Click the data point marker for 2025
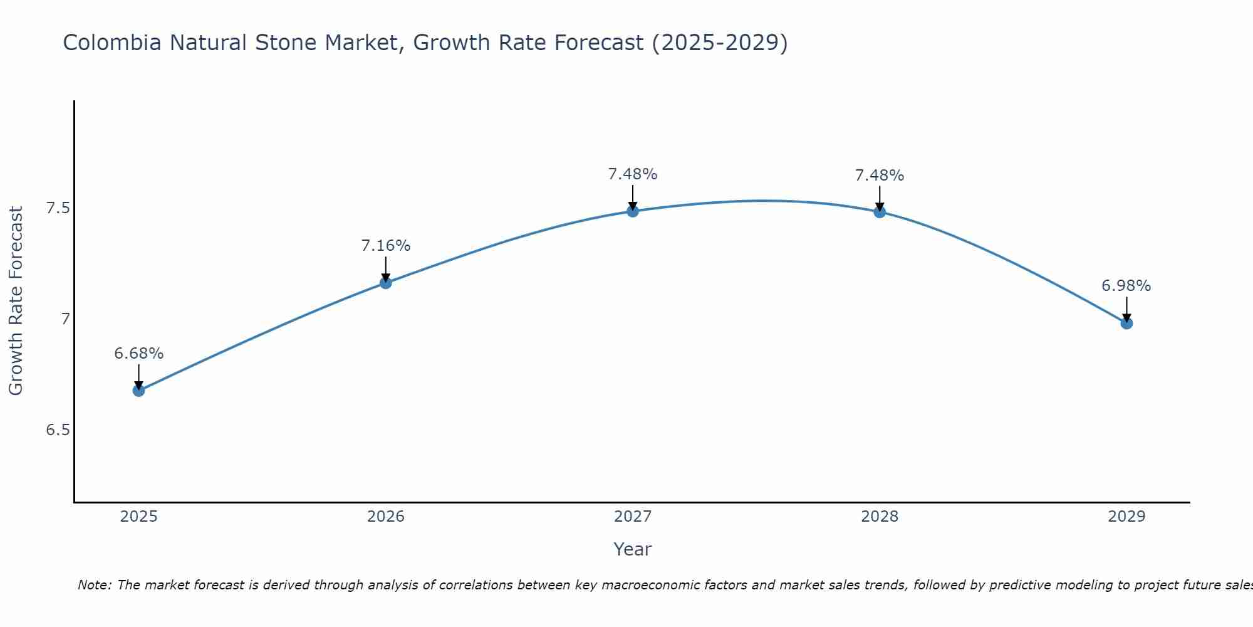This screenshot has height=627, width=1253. [138, 391]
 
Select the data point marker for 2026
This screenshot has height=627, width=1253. [385, 283]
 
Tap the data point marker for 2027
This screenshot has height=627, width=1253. [633, 211]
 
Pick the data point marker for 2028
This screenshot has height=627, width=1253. [880, 212]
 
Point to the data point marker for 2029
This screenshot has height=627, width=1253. [1126, 324]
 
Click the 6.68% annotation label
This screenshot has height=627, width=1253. [138, 354]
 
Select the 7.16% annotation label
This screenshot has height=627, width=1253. [385, 246]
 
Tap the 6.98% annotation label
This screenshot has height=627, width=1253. [1126, 286]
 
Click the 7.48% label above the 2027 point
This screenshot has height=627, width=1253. [633, 174]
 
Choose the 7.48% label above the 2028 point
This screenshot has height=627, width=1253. [880, 176]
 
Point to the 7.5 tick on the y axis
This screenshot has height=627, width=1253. [58, 208]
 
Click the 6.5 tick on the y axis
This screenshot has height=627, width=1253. [58, 430]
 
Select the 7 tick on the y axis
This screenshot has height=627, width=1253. [65, 319]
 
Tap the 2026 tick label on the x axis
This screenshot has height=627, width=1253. [385, 517]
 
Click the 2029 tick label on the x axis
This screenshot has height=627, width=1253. [1126, 517]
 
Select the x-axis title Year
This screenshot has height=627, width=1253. [633, 549]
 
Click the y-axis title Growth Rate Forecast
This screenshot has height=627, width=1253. [16, 301]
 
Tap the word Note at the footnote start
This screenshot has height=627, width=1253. [93, 585]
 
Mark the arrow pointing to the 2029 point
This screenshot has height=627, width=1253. [1126, 308]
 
